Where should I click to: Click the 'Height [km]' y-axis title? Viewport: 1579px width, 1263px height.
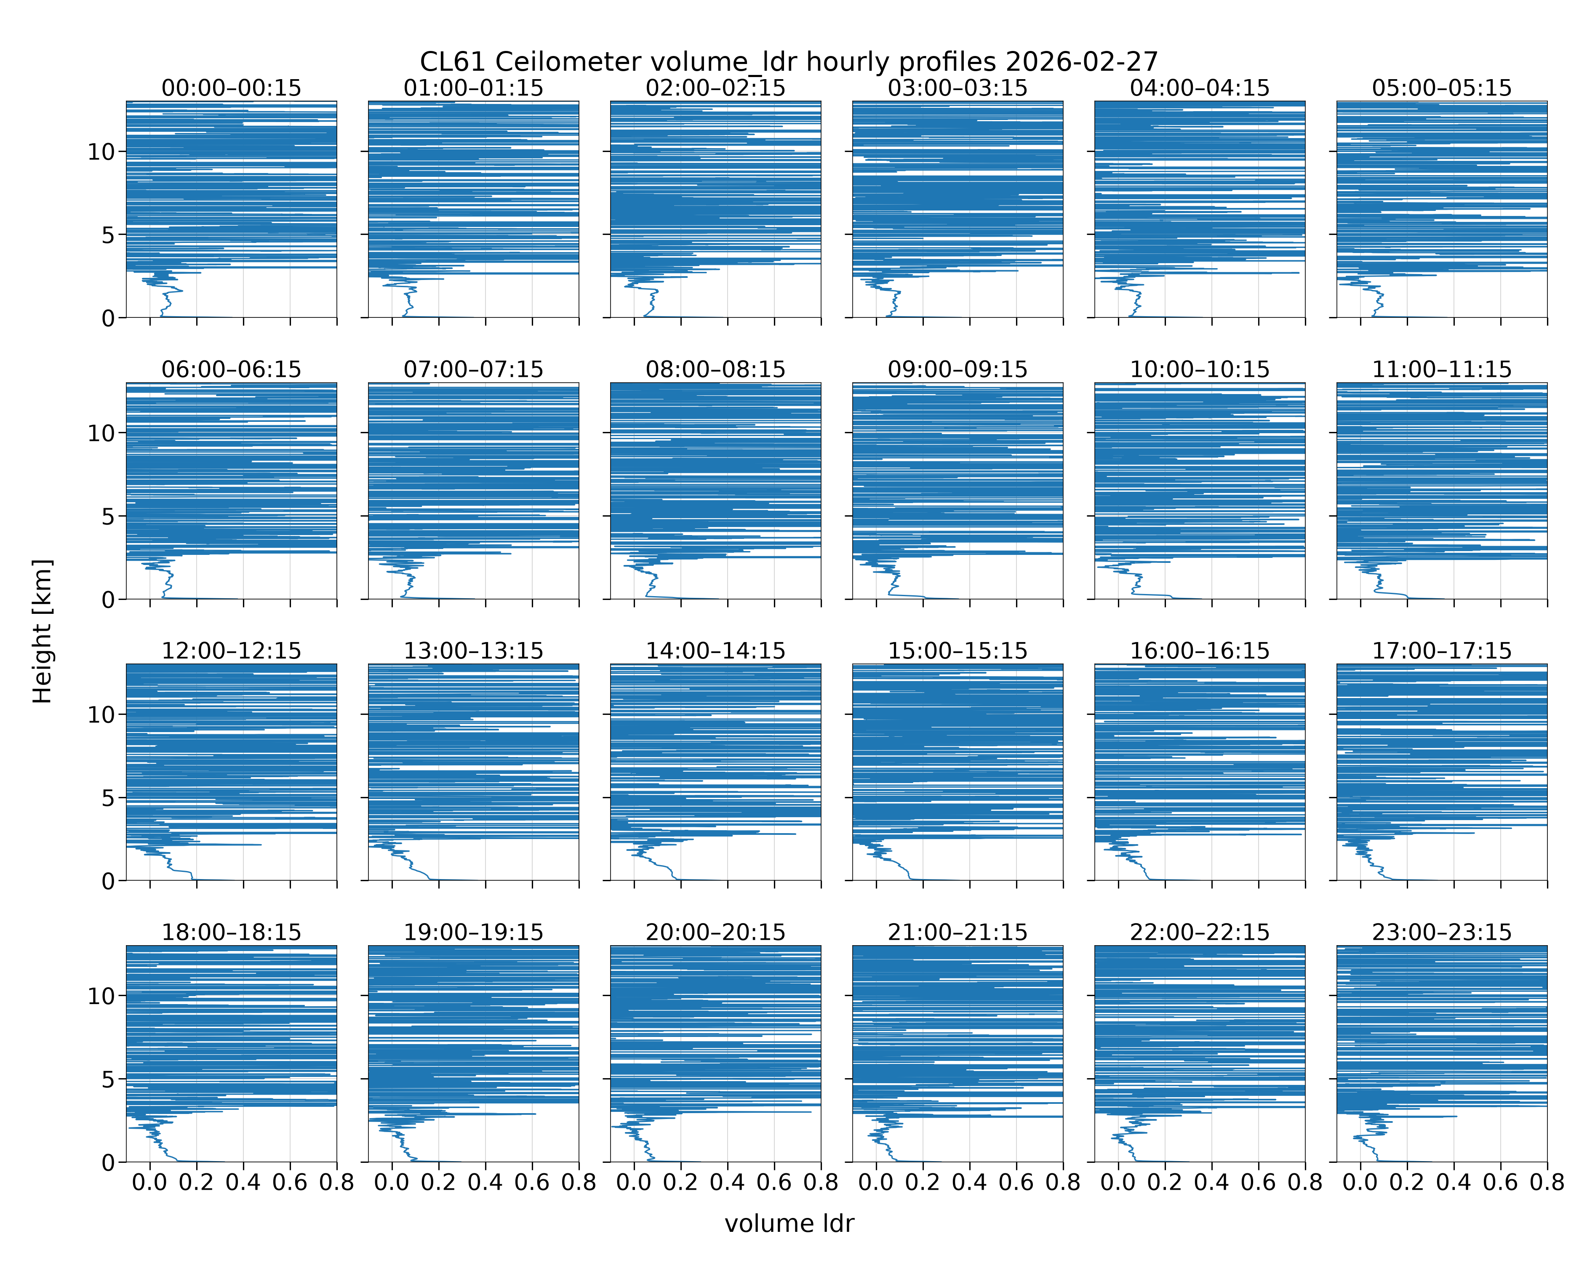point(43,631)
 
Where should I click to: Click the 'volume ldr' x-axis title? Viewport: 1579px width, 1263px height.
point(789,1223)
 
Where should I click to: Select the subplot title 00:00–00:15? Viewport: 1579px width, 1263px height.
point(232,88)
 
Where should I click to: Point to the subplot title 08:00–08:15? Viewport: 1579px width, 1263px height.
point(715,369)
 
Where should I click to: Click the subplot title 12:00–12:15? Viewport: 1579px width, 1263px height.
point(232,651)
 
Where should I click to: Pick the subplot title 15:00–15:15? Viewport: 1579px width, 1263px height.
point(958,651)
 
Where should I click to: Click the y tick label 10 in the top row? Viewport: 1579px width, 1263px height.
point(102,152)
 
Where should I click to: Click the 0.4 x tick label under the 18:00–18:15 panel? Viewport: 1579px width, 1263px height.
point(243,1183)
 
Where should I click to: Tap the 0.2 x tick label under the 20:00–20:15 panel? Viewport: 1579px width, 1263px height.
point(680,1183)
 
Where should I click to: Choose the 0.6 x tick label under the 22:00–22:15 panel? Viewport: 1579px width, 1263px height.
point(1258,1183)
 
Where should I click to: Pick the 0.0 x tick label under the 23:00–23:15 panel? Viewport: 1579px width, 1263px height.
point(1360,1183)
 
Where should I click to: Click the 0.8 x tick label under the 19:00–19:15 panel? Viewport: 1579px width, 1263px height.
point(579,1183)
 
